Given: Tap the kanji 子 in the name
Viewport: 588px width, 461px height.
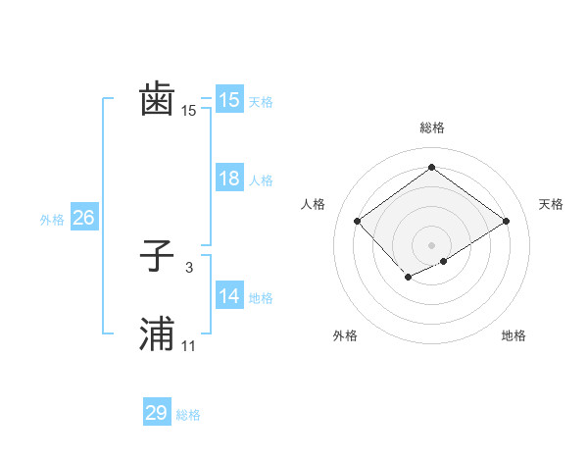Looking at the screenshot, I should click(157, 257).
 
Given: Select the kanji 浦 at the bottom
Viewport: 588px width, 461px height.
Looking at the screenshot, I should click(157, 334).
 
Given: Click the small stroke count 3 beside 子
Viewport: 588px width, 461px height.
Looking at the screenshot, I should click(188, 268).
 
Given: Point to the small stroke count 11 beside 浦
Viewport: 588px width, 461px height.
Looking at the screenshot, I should click(188, 346).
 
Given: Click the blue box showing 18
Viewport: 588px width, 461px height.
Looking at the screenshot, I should click(228, 179).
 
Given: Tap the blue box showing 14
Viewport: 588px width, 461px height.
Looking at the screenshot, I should click(228, 296).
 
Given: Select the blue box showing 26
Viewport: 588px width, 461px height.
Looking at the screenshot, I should click(83, 218).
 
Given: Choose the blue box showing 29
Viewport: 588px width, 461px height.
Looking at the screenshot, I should click(156, 413).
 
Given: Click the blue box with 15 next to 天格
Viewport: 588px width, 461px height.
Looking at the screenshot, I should click(228, 100).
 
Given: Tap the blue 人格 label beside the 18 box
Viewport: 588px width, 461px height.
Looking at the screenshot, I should click(261, 180).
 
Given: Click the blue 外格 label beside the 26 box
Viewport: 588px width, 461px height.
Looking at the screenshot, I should click(52, 220).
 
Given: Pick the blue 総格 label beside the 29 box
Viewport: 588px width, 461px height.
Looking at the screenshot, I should click(188, 415).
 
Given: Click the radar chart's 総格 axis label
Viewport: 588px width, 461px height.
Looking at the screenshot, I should click(431, 128).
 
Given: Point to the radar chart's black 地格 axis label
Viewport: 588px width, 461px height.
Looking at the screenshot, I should click(514, 335).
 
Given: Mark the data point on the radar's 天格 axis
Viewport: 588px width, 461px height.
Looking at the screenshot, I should click(506, 222).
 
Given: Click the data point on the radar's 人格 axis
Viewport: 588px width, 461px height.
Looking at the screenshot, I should click(358, 222).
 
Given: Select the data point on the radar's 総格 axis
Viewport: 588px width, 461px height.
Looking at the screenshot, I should click(431, 168).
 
